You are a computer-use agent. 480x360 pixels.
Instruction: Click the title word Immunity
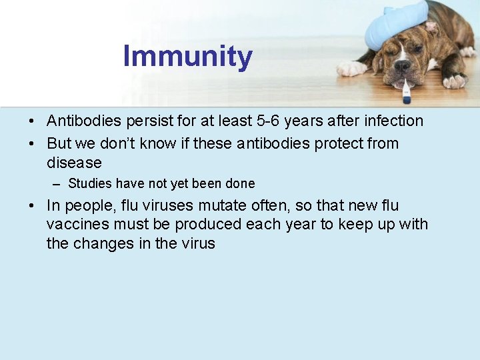(187, 57)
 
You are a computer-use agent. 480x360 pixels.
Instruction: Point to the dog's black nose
(402, 66)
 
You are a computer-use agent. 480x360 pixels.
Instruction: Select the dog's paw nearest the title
(351, 68)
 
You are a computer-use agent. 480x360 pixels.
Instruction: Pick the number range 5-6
(271, 121)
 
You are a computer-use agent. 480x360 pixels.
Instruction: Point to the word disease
(74, 163)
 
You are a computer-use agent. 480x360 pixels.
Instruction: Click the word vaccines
(77, 225)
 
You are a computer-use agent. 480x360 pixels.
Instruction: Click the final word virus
(199, 243)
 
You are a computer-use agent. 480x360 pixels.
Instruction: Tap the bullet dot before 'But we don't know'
(32, 144)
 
